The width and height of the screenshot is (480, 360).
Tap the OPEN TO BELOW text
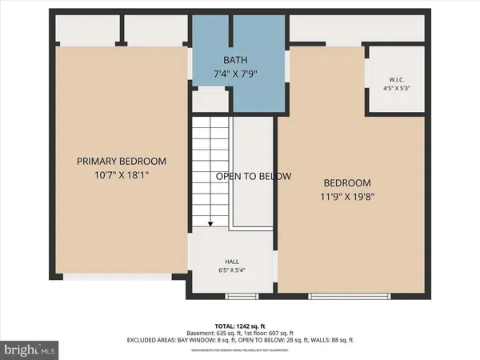click(x=254, y=176)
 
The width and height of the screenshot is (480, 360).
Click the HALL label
click(x=231, y=261)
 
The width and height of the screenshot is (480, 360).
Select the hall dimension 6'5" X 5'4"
click(x=231, y=270)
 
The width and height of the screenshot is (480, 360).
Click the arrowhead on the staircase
click(x=210, y=226)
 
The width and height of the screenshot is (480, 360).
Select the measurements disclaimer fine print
click(x=240, y=348)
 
